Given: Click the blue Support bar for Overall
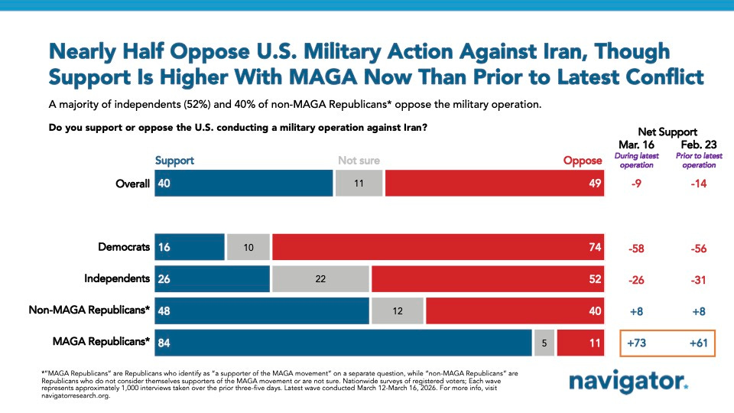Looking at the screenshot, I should click(243, 184).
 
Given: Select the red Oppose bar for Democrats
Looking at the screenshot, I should click(437, 248).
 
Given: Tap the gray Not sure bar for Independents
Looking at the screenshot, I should click(320, 278).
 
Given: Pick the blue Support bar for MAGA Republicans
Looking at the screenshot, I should click(343, 343).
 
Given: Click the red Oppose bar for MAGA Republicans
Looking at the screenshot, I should click(580, 343).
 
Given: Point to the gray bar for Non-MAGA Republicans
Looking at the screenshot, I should click(398, 311).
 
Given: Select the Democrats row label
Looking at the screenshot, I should click(124, 247).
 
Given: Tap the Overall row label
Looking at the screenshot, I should click(132, 184).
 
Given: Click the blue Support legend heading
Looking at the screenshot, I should click(174, 161).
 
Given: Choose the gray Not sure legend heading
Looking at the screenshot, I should click(359, 161).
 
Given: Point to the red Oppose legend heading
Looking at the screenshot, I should click(583, 161).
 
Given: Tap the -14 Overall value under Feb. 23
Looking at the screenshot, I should click(699, 184).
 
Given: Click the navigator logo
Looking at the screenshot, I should click(628, 381).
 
